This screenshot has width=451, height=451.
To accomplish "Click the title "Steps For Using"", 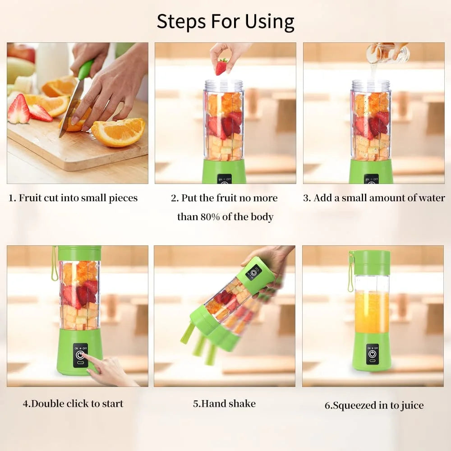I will pyautogui.click(x=225, y=21).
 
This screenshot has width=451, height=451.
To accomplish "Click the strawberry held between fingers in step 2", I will pyautogui.click(x=221, y=67).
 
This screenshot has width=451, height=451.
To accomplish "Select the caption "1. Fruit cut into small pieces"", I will pyautogui.click(x=73, y=198).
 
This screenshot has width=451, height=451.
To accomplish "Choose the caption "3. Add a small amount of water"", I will pyautogui.click(x=373, y=198).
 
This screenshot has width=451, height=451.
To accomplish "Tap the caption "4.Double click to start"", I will pyautogui.click(x=73, y=404).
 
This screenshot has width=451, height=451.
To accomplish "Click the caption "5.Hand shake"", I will pyautogui.click(x=224, y=404).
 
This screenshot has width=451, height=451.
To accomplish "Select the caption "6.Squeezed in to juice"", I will pyautogui.click(x=374, y=405).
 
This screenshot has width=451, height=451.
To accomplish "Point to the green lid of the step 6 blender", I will pyautogui.click(x=370, y=262).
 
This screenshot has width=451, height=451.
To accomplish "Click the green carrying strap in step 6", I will pyautogui.click(x=350, y=275).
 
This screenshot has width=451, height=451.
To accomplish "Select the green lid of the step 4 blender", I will pyautogui.click(x=79, y=253).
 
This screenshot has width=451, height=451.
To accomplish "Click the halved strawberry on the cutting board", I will pyautogui.click(x=19, y=110).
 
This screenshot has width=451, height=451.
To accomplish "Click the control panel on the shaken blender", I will pyautogui.click(x=253, y=272).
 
